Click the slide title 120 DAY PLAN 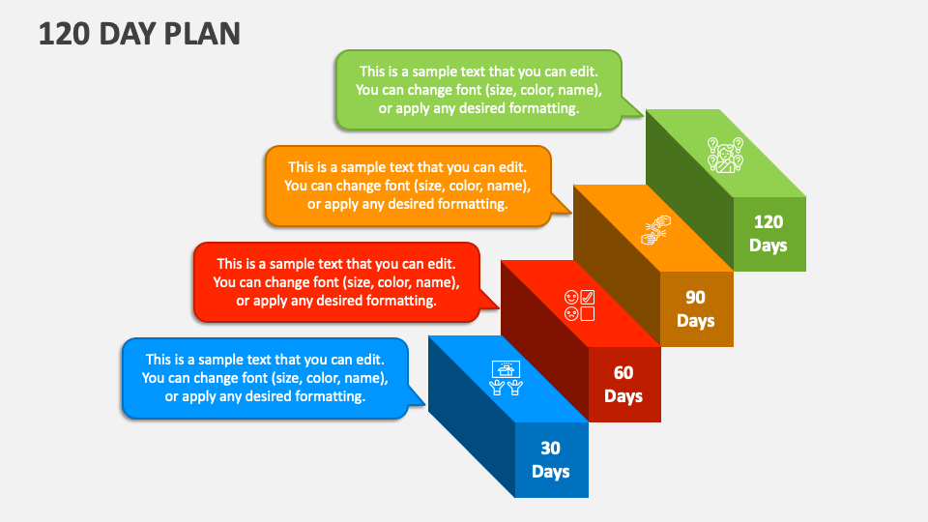click(139, 34)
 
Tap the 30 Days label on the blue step click(550, 460)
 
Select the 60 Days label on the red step click(623, 384)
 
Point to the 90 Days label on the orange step click(695, 309)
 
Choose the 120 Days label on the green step click(768, 233)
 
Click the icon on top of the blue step click(506, 378)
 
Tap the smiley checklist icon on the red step click(579, 305)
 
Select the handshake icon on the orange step click(655, 230)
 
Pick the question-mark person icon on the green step click(726, 155)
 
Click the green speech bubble click(478, 90)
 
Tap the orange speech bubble click(408, 186)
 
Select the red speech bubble click(336, 282)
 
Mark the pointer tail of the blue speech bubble click(415, 396)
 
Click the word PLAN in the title click(202, 34)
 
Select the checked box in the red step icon click(587, 297)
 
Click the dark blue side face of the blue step click(472, 416)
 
